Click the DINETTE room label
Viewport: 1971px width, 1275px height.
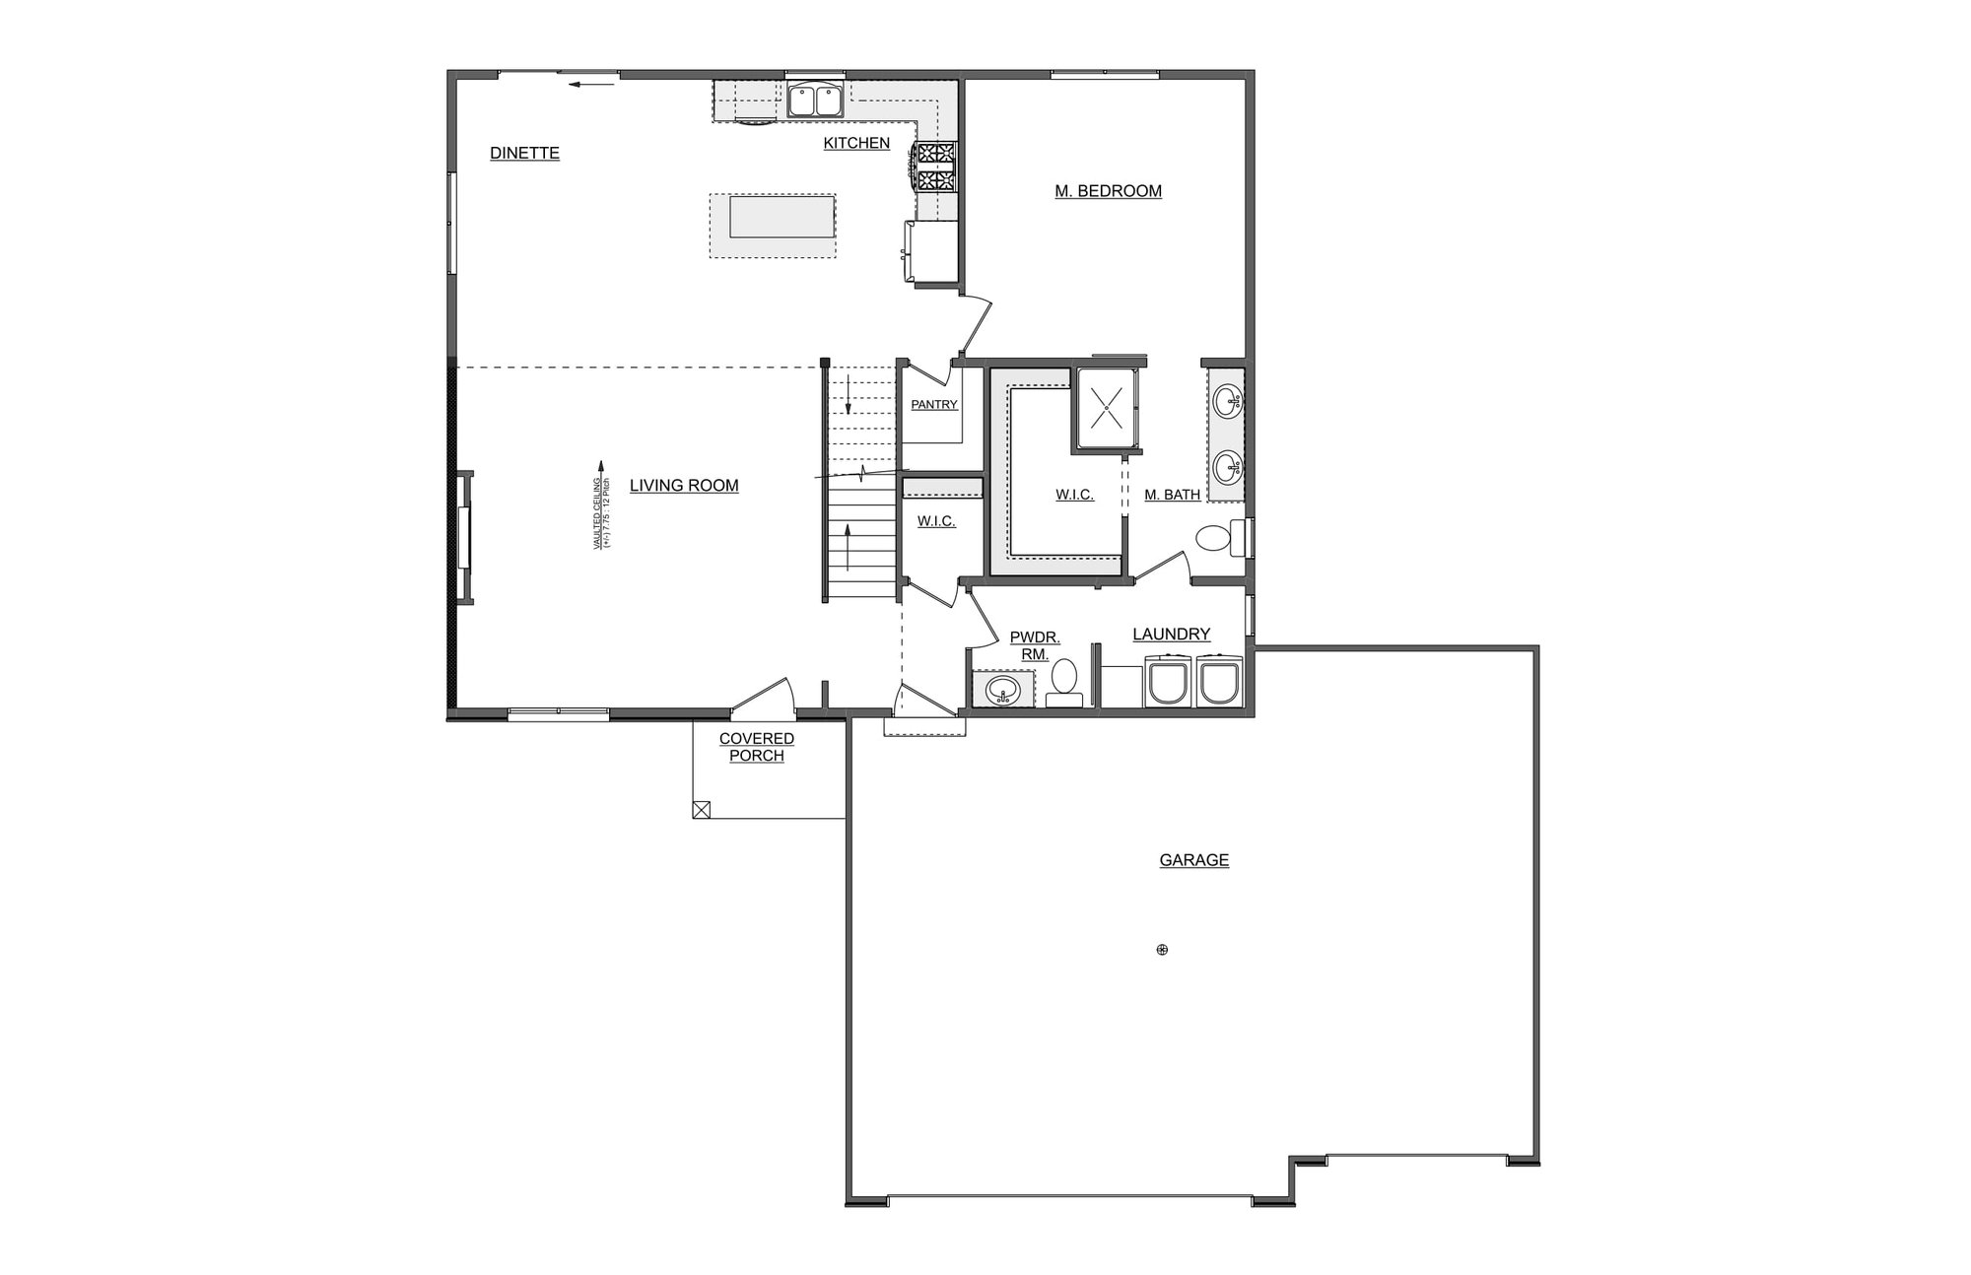[524, 153]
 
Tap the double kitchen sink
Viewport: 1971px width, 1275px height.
[814, 101]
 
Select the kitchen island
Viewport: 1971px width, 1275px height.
[773, 217]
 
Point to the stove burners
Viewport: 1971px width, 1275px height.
[936, 167]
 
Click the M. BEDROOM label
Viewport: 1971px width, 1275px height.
[1108, 191]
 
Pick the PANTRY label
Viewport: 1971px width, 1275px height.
[933, 405]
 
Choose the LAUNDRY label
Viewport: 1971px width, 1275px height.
[1171, 635]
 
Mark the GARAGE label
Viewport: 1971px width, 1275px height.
[1193, 860]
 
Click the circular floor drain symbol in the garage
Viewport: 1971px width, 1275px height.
[1162, 950]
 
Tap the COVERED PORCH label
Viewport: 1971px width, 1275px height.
[757, 747]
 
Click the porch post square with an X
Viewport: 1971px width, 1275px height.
[702, 810]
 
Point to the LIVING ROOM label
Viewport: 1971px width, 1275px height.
[684, 486]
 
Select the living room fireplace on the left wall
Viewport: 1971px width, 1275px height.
[462, 536]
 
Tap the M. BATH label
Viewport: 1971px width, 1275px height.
[1172, 495]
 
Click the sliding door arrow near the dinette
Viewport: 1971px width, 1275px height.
[591, 85]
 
